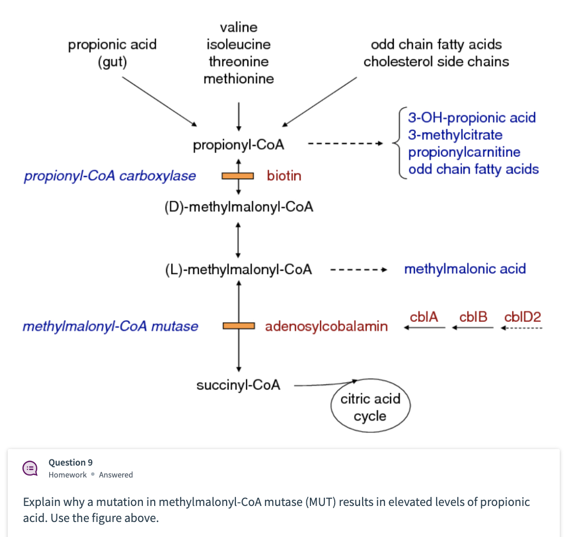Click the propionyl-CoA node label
click(239, 145)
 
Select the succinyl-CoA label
click(239, 385)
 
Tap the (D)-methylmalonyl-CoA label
click(239, 207)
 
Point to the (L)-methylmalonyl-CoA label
click(238, 270)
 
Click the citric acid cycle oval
click(370, 407)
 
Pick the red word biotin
click(284, 176)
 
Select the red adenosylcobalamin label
click(326, 326)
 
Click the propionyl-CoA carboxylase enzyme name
click(110, 176)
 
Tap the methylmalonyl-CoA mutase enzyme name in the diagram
click(110, 326)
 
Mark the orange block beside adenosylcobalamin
click(239, 326)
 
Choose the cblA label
click(424, 317)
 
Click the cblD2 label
click(523, 317)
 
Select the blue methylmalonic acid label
click(465, 269)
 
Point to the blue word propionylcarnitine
click(464, 152)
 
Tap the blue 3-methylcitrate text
click(455, 135)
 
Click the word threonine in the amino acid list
click(239, 62)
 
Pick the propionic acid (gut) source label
click(112, 53)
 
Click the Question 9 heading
click(70, 463)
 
